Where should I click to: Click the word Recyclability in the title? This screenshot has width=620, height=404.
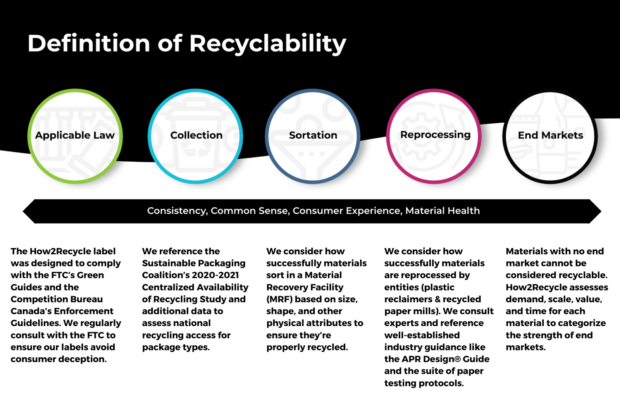(268, 44)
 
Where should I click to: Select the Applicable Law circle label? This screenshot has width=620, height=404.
(75, 135)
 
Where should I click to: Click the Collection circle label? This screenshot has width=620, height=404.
(196, 135)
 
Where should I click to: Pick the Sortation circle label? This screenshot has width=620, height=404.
(313, 135)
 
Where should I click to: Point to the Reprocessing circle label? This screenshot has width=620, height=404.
(436, 135)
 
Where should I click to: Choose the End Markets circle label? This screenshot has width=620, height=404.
(551, 135)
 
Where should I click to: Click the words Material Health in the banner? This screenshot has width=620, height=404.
(442, 211)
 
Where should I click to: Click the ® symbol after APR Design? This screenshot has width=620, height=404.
(458, 359)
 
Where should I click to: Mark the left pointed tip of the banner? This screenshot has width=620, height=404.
(23, 211)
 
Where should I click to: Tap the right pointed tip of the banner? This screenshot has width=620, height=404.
(601, 211)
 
